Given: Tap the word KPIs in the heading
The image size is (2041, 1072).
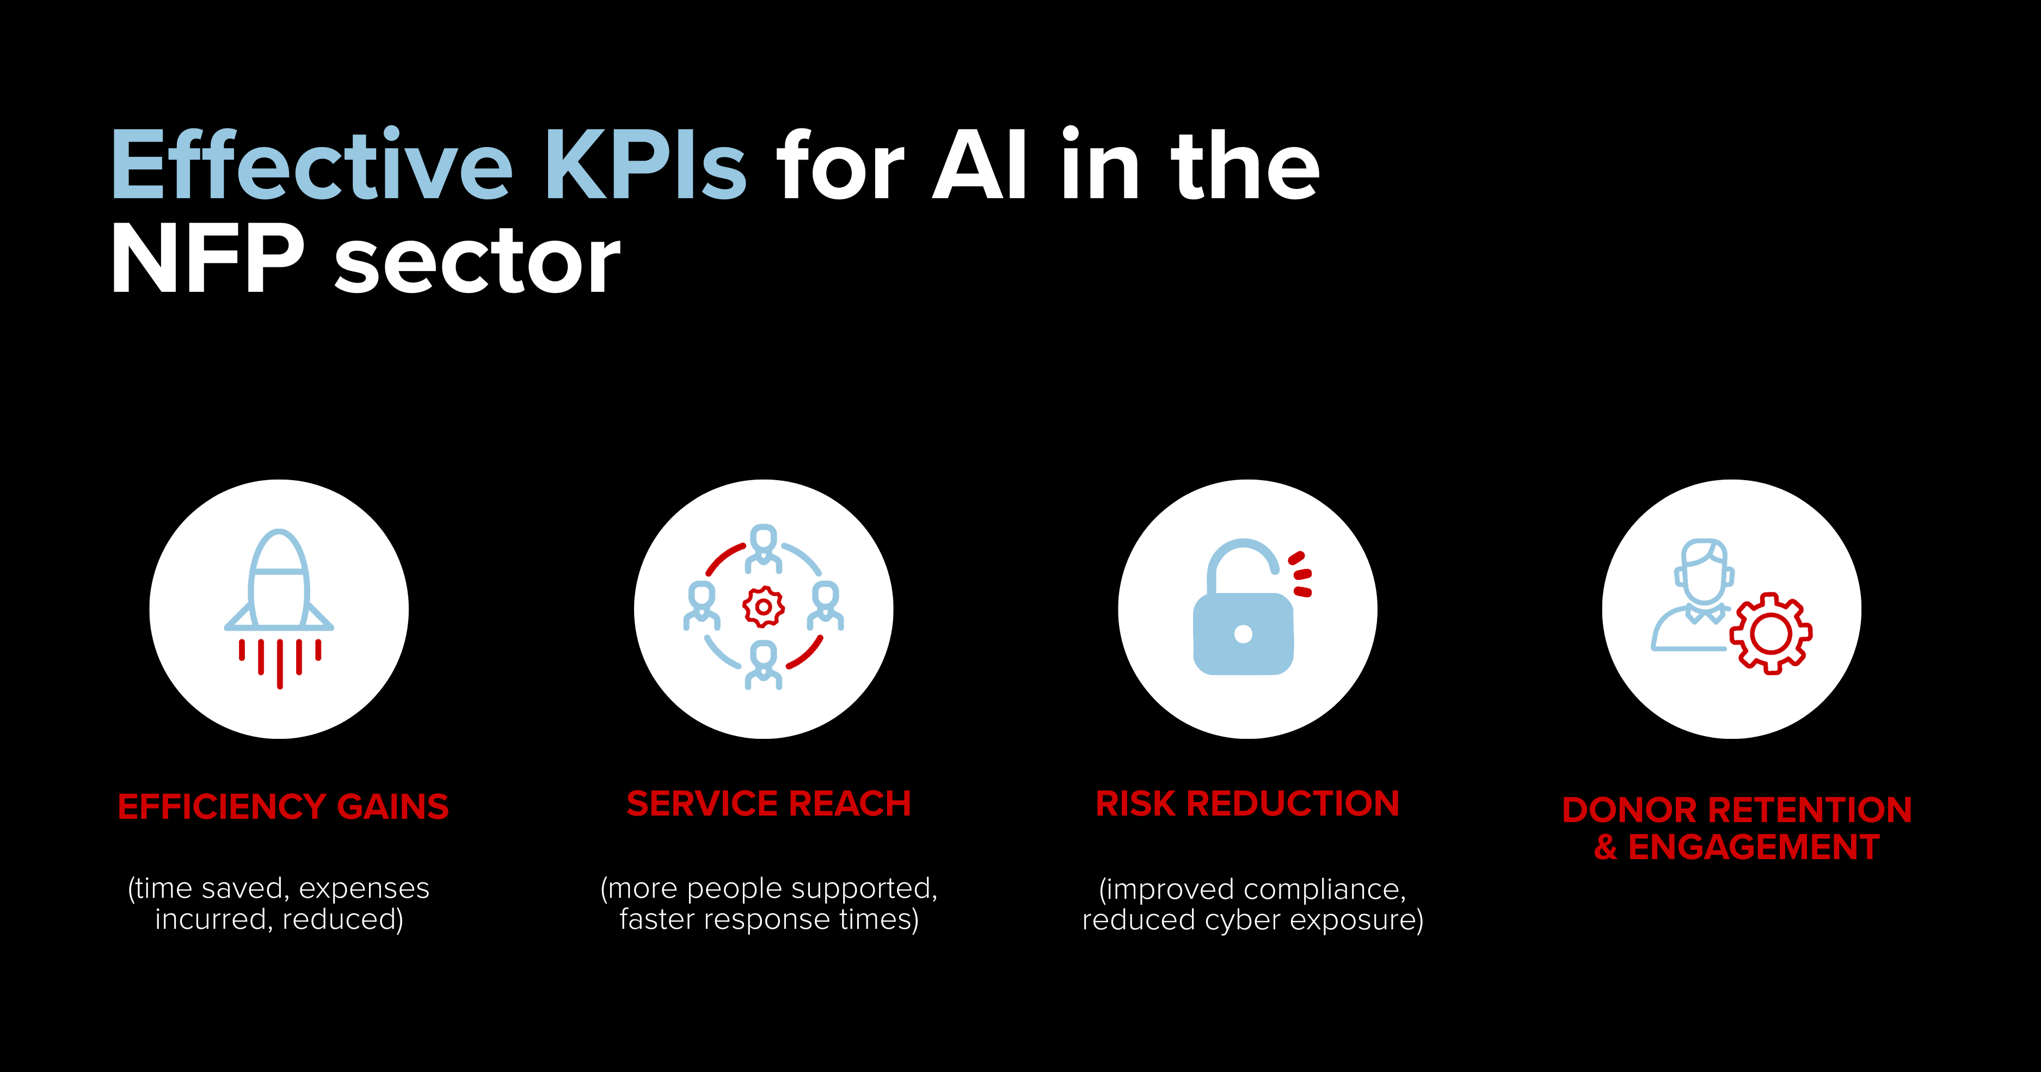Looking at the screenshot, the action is (646, 165).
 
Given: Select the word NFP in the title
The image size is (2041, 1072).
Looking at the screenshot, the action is (207, 258).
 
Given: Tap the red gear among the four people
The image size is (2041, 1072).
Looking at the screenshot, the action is (764, 607).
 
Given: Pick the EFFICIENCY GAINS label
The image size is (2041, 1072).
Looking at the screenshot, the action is (283, 806).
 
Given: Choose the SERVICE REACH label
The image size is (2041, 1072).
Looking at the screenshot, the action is (769, 804).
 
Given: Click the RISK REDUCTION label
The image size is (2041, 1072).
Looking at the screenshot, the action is (1247, 804).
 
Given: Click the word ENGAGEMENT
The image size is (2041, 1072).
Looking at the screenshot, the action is (1754, 847).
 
